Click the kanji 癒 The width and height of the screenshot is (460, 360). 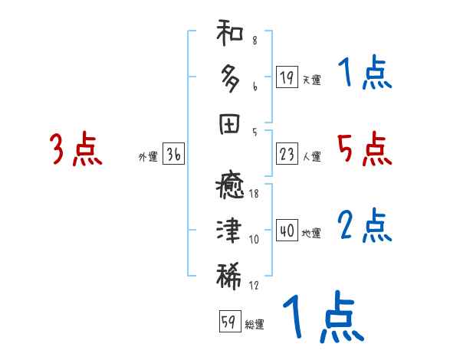[230, 188]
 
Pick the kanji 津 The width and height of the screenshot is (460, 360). [230, 231]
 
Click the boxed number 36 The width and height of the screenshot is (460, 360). [173, 155]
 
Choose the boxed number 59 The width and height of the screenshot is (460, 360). [228, 322]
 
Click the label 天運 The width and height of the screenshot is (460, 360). [311, 80]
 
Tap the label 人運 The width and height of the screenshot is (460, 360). [311, 157]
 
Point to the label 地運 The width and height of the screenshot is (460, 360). [311, 234]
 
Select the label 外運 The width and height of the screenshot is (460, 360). [148, 157]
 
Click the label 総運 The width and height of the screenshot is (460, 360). [254, 325]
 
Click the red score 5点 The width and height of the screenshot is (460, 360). [364, 149]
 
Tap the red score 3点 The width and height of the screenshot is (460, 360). [76, 149]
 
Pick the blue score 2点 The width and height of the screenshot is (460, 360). [364, 225]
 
